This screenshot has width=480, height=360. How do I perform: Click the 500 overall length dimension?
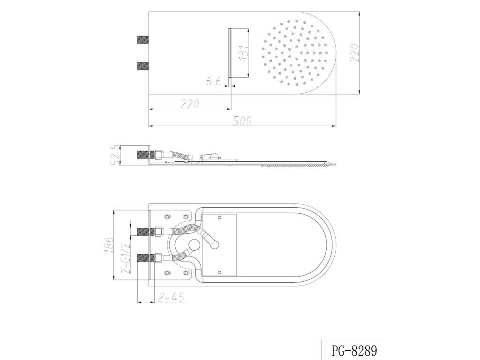[242, 121]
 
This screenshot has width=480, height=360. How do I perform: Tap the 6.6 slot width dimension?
[213, 82]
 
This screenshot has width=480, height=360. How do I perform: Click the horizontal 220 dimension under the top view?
[190, 104]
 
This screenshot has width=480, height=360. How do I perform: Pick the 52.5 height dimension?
[115, 156]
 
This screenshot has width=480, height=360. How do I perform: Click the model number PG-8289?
[354, 350]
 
